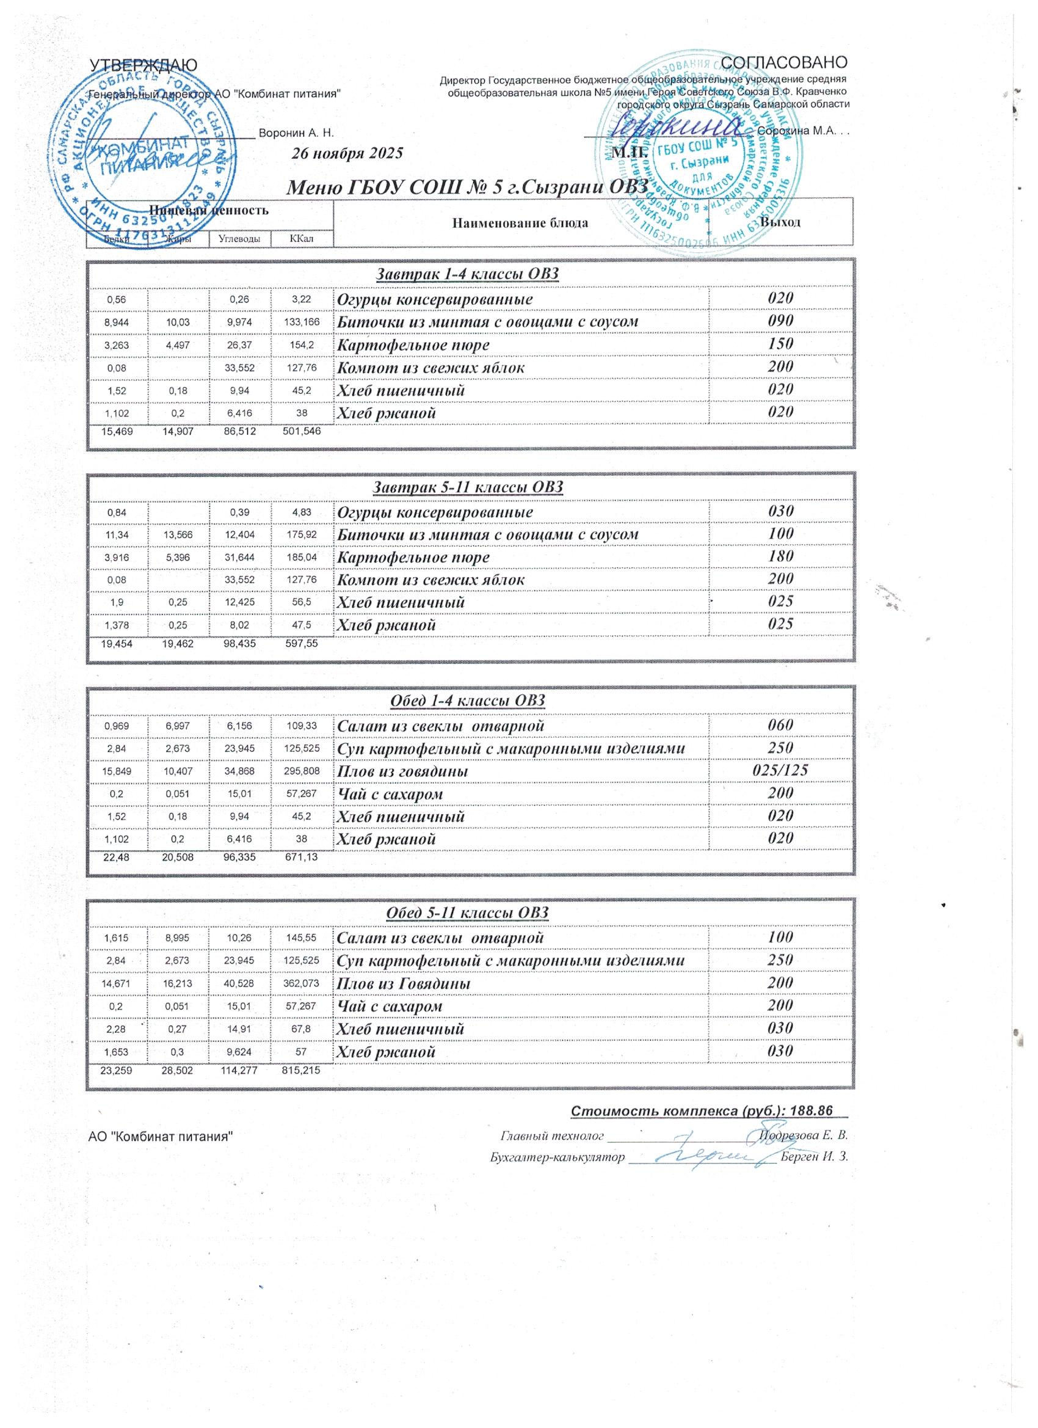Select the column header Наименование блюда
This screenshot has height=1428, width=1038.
(520, 223)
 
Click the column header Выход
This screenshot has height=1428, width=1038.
(780, 222)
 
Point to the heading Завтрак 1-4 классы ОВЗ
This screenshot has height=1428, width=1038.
(467, 274)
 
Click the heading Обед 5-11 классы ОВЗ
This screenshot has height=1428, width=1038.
(466, 913)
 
